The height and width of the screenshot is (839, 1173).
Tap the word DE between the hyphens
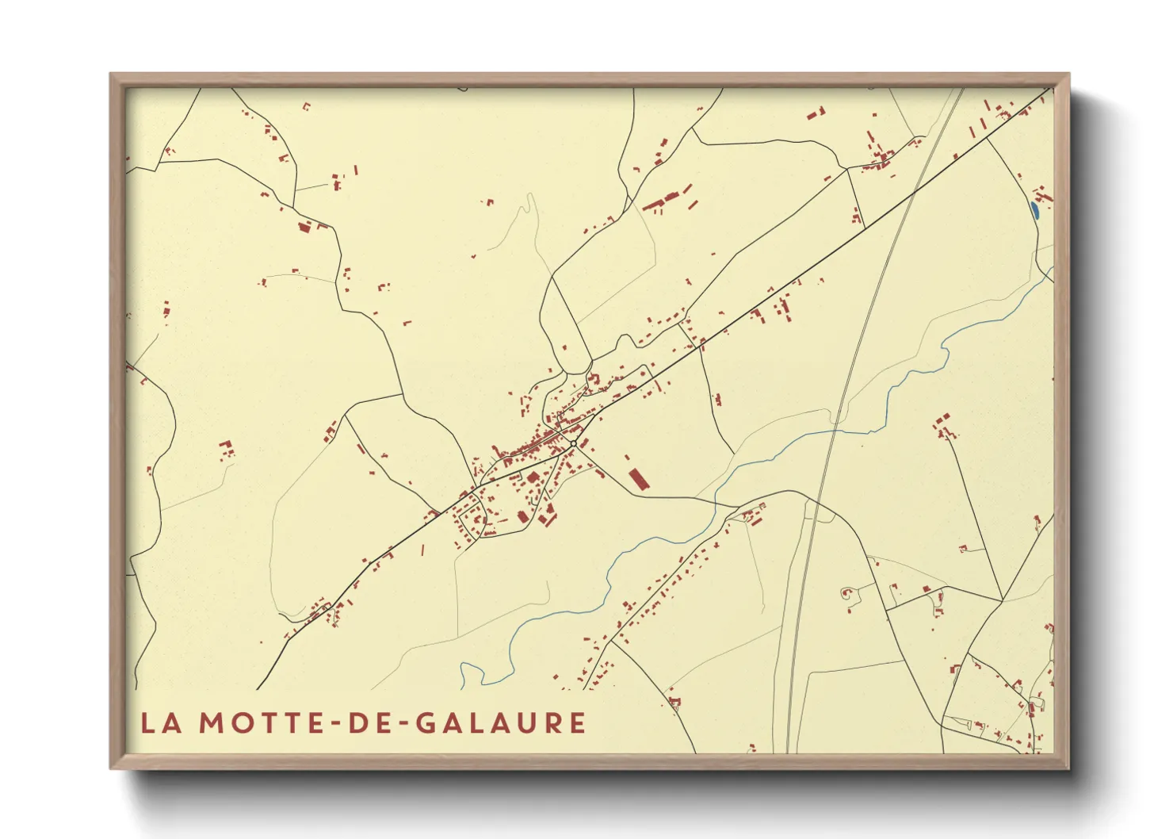[x=369, y=722]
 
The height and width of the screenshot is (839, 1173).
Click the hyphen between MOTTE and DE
[x=336, y=723]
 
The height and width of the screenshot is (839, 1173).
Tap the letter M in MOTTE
[x=212, y=722]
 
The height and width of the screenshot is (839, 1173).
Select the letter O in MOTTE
[x=241, y=722]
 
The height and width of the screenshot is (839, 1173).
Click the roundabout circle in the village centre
[x=573, y=442]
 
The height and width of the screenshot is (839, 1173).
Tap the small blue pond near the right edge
[x=1034, y=211]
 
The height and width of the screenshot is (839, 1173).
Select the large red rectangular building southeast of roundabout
[x=638, y=480]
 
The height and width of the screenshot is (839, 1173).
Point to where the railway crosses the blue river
[x=835, y=429]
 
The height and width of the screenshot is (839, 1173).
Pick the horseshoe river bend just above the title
[x=471, y=674]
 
